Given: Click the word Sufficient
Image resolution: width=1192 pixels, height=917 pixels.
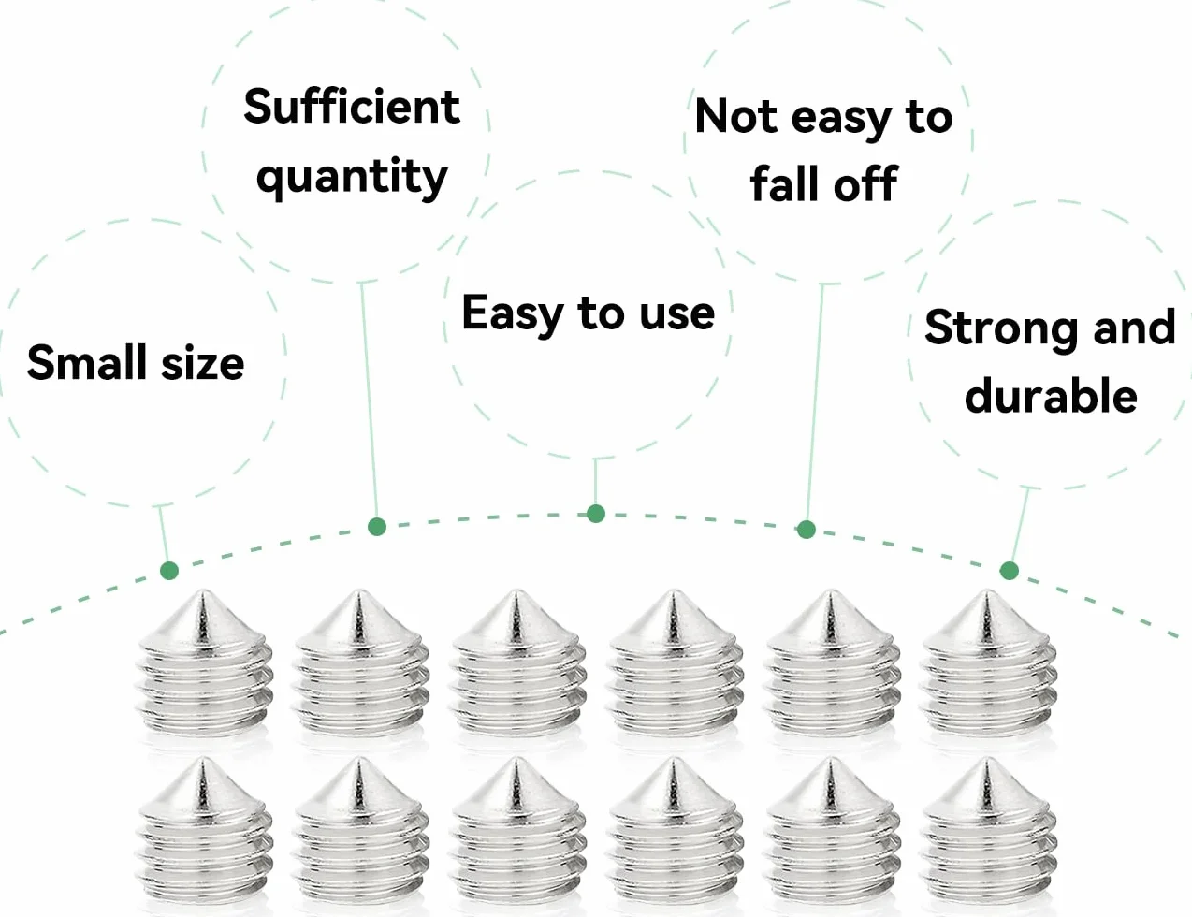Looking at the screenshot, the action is (x=352, y=107).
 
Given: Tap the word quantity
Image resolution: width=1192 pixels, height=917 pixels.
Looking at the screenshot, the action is (x=352, y=178).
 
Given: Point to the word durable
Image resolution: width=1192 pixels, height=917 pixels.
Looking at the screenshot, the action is (x=1051, y=394).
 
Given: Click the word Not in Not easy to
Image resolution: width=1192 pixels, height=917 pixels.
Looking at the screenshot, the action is (x=736, y=116).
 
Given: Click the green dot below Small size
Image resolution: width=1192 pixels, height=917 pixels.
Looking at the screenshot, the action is (x=169, y=571).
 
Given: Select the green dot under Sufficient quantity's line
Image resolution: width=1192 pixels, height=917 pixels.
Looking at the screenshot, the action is (x=377, y=527).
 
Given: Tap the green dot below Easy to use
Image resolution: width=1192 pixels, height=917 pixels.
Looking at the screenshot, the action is (x=596, y=514).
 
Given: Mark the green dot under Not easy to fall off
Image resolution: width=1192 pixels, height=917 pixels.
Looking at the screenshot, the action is (x=806, y=530).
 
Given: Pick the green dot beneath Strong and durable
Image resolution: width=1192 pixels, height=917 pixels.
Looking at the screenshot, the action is (x=1010, y=571).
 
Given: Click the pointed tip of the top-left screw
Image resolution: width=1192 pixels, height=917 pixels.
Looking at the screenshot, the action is (x=204, y=591).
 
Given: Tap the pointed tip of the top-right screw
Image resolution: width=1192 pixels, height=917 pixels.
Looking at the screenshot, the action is (x=987, y=591).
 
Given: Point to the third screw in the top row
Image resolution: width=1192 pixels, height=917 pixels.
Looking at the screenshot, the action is (x=516, y=662).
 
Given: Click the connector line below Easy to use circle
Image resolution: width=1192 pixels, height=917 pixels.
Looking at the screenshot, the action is (x=595, y=481).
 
